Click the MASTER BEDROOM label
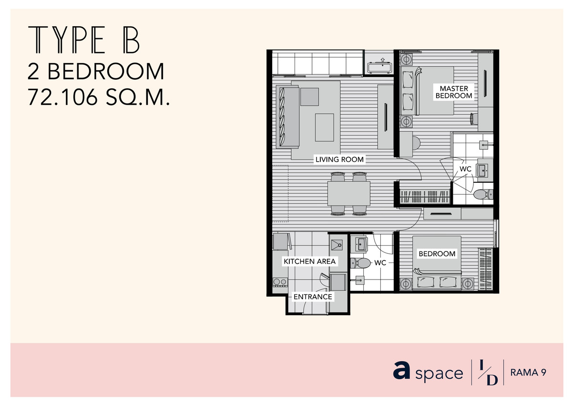click(x=453, y=92)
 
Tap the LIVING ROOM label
click(x=339, y=159)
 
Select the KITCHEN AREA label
click(x=309, y=261)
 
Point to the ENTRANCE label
click(x=313, y=297)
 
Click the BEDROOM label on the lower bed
click(x=437, y=254)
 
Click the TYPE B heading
click(x=84, y=40)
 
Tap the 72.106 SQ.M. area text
click(x=99, y=97)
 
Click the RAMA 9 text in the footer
click(x=528, y=373)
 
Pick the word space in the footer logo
click(x=439, y=374)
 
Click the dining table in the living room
click(x=349, y=193)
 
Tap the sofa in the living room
click(x=287, y=116)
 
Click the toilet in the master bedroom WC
click(x=482, y=195)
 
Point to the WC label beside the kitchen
click(x=380, y=263)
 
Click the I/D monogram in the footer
click(x=488, y=372)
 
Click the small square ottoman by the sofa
click(x=309, y=97)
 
